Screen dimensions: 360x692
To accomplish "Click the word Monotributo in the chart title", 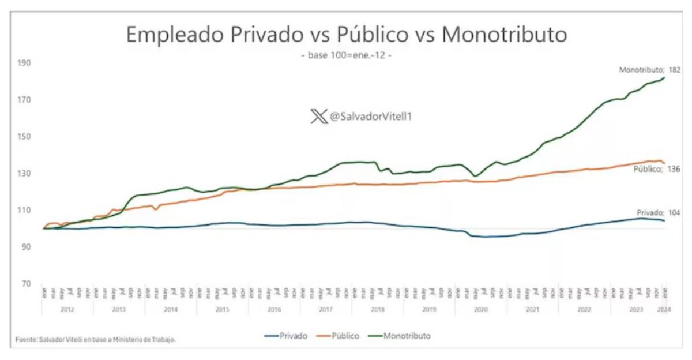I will tap(505, 35).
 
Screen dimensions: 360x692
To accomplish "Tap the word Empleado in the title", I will tap(176, 35).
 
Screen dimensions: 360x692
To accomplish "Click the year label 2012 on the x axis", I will tap(67, 310).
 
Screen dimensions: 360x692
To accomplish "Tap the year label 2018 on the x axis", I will tap(378, 310).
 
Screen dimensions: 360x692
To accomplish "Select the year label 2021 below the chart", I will tap(532, 310).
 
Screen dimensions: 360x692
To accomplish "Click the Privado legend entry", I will tap(285, 335).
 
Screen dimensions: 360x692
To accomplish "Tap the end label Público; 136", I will tap(657, 169).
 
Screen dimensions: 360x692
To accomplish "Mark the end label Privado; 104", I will tap(657, 213).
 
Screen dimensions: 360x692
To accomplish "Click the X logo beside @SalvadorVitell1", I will tap(318, 117).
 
